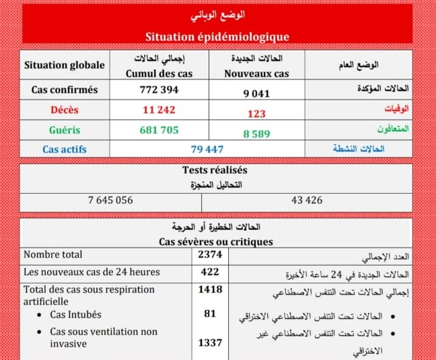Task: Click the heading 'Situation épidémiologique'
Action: coord(217,37)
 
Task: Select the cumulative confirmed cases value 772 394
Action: coord(159,89)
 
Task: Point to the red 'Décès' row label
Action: coord(64,110)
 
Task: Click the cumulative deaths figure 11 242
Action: coord(159,110)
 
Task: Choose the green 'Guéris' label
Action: coord(64,130)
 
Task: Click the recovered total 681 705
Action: coord(159,130)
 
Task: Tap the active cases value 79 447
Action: coord(207,149)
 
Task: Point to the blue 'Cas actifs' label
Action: coord(64,149)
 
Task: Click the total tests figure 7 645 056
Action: coord(110,200)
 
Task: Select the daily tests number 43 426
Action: coord(307,200)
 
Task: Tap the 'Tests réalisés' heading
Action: coord(215,170)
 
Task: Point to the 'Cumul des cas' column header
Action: coord(159,73)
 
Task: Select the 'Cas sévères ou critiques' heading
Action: coord(216,241)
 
